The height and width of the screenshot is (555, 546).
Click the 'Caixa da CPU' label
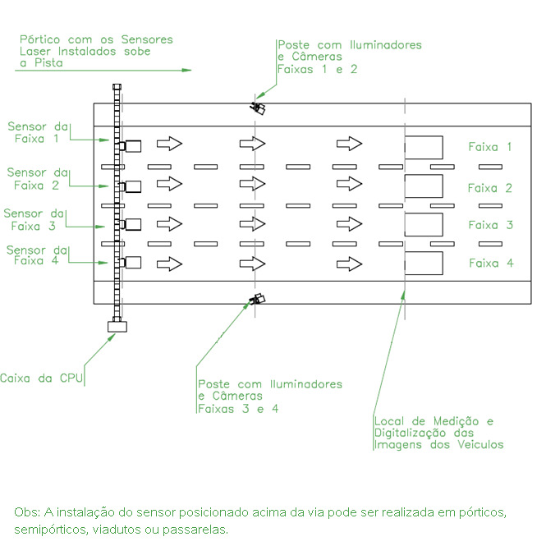[x=41, y=378]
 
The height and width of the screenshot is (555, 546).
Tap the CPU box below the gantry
[x=117, y=326]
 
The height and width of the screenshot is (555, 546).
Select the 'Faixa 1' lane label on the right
[x=490, y=146]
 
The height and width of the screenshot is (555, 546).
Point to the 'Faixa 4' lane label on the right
[x=491, y=263]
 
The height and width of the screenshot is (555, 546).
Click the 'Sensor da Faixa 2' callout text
[x=38, y=179]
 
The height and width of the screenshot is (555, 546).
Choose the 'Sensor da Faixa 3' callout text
[x=34, y=219]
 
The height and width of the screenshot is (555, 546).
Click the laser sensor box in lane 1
[x=133, y=146]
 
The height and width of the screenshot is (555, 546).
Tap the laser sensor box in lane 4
[x=133, y=262]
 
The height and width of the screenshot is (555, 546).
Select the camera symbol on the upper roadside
[x=258, y=108]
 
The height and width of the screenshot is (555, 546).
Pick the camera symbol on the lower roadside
[x=258, y=299]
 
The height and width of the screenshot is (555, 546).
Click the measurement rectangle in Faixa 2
[x=424, y=186]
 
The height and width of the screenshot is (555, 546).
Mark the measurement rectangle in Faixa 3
[x=424, y=224]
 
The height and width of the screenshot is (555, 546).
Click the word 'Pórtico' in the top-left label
[x=39, y=39]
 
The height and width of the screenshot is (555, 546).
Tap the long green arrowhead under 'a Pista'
[x=186, y=70]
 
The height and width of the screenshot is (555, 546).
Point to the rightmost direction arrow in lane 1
[x=349, y=144]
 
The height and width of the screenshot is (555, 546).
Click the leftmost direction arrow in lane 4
[x=169, y=264]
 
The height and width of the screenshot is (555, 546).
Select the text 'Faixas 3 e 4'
[x=238, y=409]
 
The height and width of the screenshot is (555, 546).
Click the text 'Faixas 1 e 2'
[x=317, y=69]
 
